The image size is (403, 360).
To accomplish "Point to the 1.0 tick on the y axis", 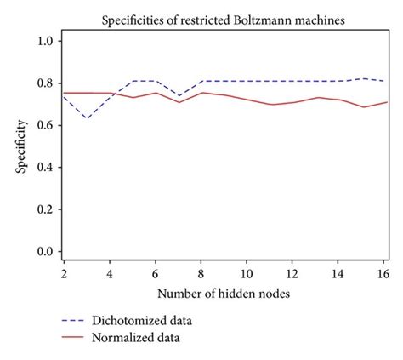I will click(44, 41).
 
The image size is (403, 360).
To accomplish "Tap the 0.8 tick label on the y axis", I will click(44, 83).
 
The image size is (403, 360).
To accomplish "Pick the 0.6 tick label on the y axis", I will click(44, 125).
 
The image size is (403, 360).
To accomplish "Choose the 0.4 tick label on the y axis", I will click(44, 168).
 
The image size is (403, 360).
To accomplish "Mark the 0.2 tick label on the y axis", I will click(44, 209).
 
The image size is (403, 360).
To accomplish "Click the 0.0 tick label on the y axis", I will click(44, 252).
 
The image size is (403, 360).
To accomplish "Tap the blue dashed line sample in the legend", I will click(78, 322).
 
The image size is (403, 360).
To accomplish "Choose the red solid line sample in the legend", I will click(78, 339).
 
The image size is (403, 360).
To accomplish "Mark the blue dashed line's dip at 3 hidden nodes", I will click(87, 118).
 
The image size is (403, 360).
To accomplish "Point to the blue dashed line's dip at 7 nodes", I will click(178, 96).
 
